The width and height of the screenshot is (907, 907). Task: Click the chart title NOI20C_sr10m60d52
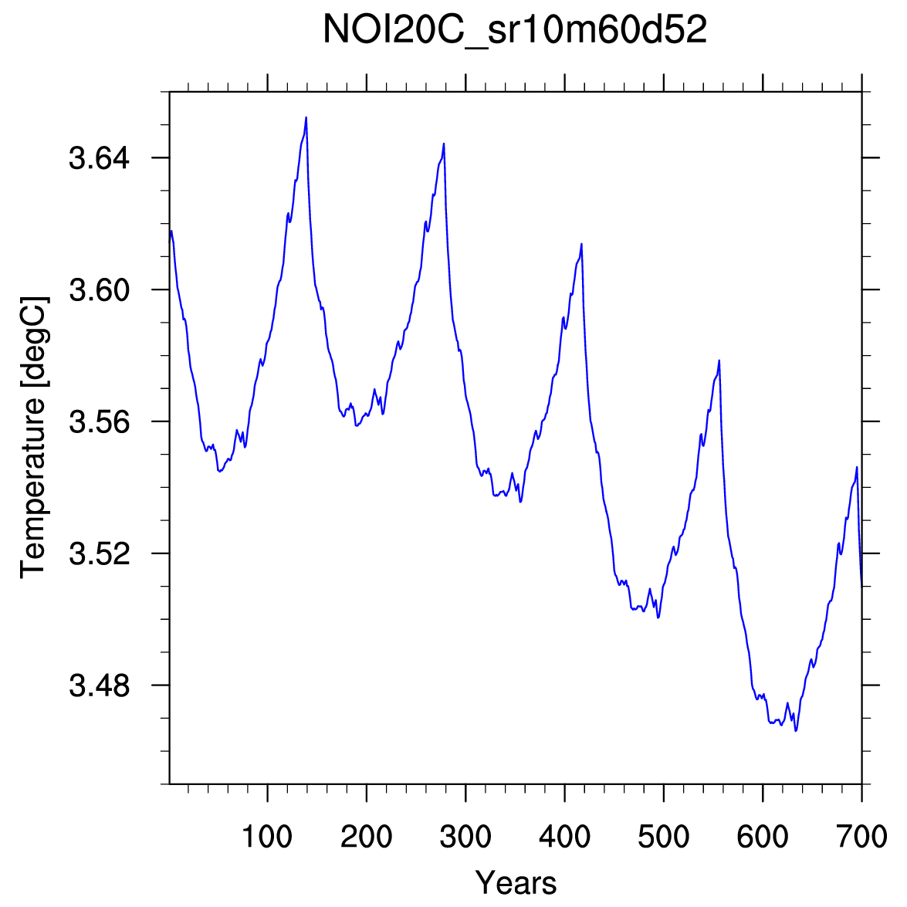pyautogui.click(x=515, y=31)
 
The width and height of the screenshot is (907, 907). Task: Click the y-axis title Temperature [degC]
pyautogui.click(x=34, y=436)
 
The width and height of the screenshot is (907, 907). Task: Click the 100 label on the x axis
pyautogui.click(x=267, y=837)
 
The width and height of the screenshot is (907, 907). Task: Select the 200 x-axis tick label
pyautogui.click(x=366, y=837)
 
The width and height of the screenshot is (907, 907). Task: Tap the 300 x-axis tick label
pyautogui.click(x=465, y=837)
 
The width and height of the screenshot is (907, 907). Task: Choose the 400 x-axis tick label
pyautogui.click(x=564, y=837)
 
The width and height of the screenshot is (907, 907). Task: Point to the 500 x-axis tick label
pyautogui.click(x=664, y=837)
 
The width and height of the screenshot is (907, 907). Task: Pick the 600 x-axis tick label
pyautogui.click(x=763, y=837)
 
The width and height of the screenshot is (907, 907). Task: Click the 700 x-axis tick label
pyautogui.click(x=861, y=837)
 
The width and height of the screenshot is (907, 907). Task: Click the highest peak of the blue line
pyautogui.click(x=306, y=118)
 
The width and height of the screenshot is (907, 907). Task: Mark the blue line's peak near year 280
pyautogui.click(x=444, y=144)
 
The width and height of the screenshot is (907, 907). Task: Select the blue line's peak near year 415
pyautogui.click(x=581, y=244)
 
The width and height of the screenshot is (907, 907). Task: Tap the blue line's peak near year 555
pyautogui.click(x=719, y=360)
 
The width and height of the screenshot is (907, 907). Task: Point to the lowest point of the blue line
pyautogui.click(x=796, y=730)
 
